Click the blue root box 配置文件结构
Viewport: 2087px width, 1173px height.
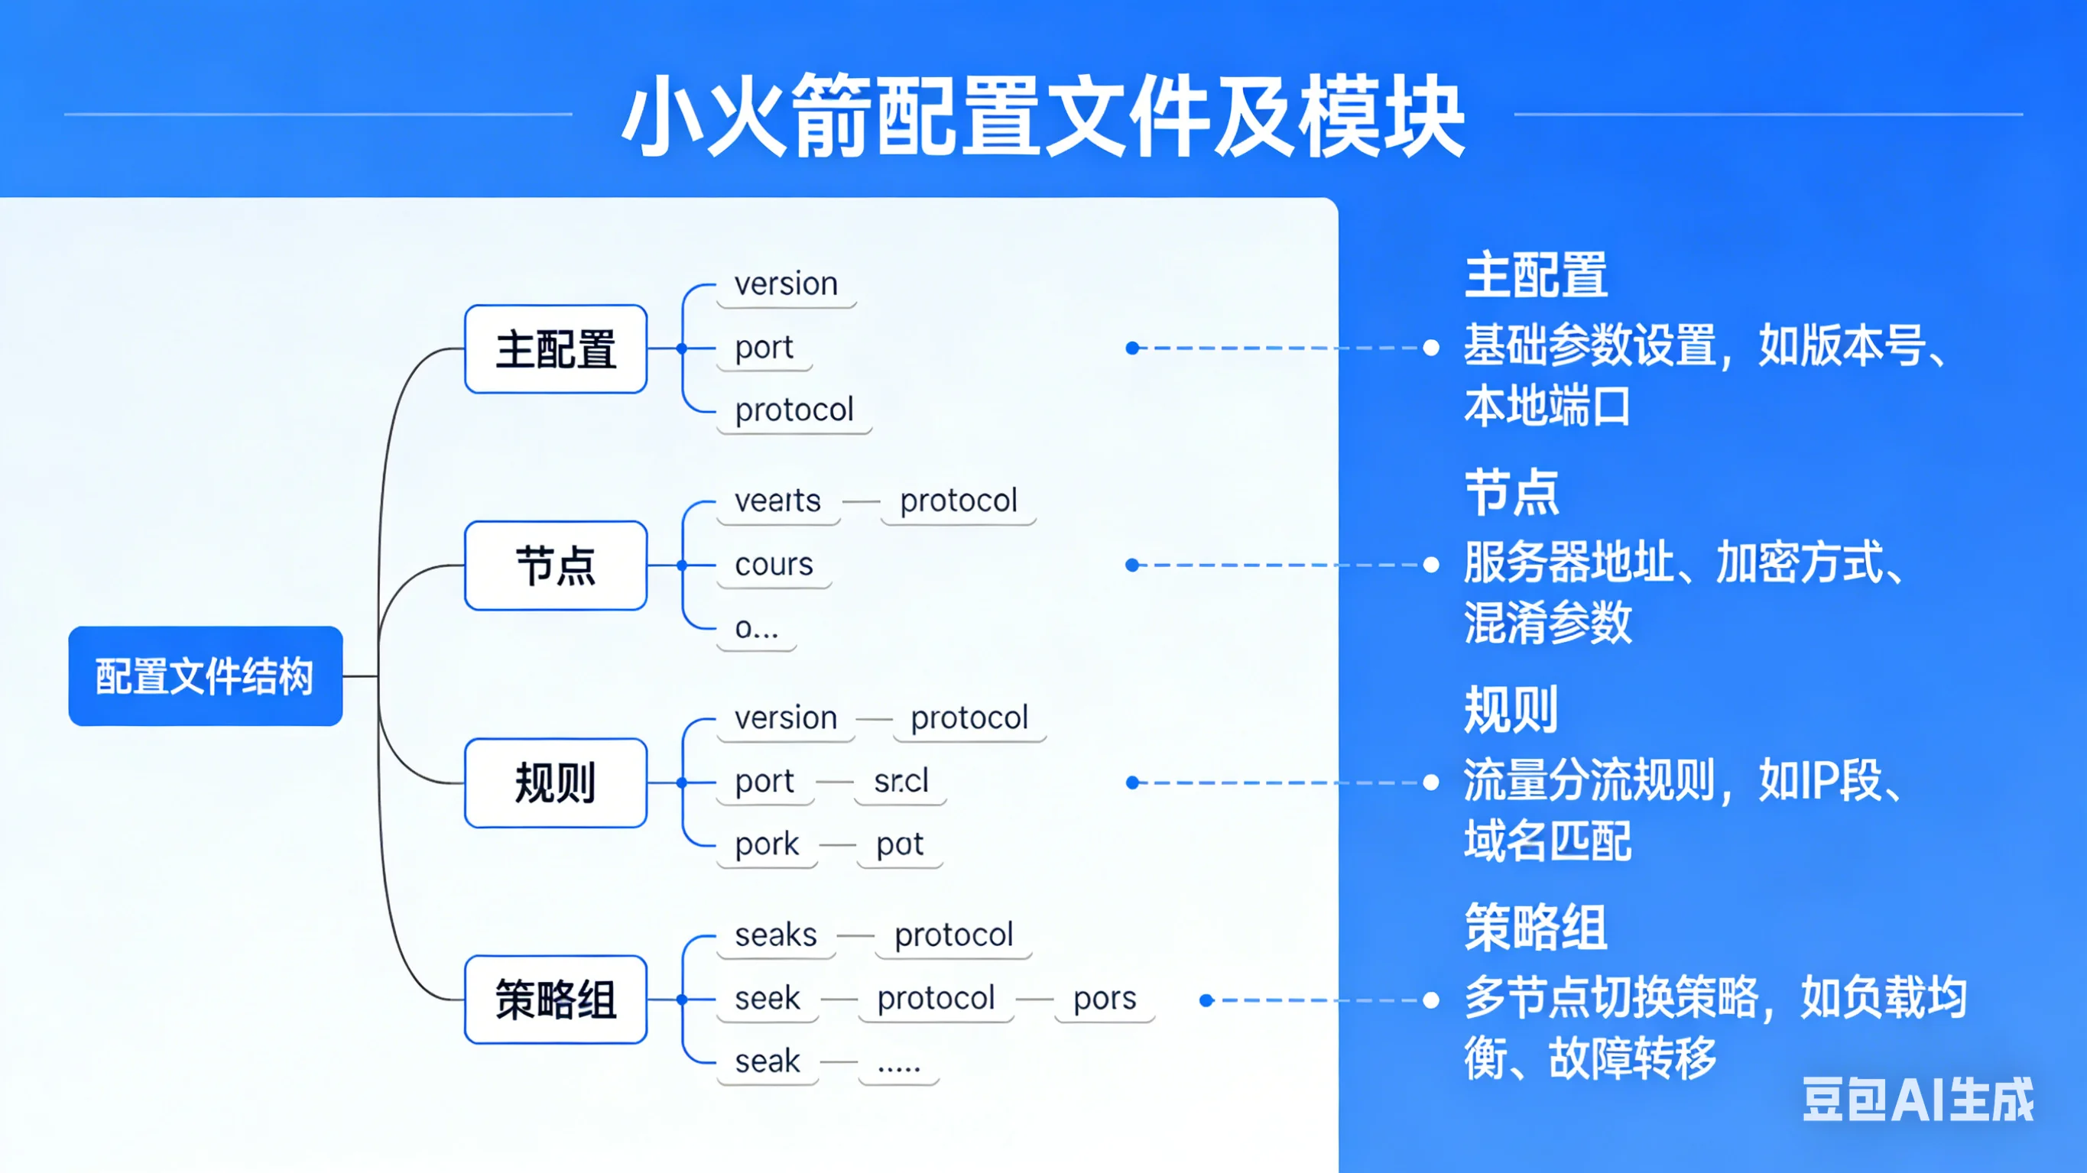[205, 676]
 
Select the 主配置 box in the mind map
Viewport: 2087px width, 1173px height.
[556, 349]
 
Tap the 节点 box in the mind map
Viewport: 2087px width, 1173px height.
[556, 565]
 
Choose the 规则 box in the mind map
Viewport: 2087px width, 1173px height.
[556, 783]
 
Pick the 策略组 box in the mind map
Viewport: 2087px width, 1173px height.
[556, 1000]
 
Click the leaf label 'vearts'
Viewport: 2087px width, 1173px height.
[777, 501]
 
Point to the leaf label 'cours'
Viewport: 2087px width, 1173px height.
[774, 565]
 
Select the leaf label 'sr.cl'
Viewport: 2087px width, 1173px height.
[901, 781]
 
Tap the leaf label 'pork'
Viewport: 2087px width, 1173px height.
[767, 844]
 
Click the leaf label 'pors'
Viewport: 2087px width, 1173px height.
[1104, 998]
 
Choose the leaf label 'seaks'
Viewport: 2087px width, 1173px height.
[775, 935]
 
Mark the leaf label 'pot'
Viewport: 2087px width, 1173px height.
[899, 844]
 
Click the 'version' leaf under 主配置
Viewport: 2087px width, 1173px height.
[786, 284]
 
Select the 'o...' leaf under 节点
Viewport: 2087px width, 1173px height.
[756, 628]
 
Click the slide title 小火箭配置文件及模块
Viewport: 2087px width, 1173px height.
[1043, 116]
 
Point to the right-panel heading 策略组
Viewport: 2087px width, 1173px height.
[1535, 927]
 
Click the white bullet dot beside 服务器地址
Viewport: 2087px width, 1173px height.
[1432, 565]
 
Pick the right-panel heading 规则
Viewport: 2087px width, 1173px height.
[1511, 710]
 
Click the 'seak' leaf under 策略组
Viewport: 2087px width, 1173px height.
[768, 1061]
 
